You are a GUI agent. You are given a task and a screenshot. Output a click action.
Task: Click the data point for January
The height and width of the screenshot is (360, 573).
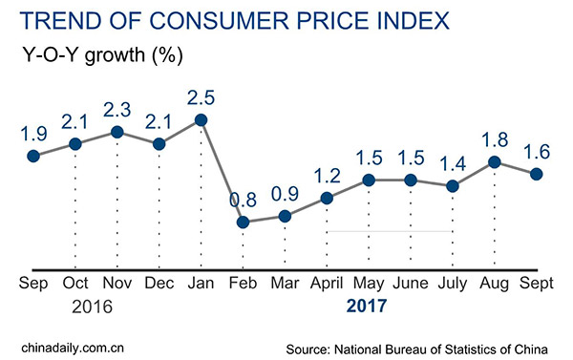click(x=201, y=120)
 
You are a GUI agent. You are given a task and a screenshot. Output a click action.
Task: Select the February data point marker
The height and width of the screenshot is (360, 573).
click(x=243, y=222)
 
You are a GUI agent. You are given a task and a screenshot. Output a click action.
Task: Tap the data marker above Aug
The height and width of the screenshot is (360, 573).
click(x=495, y=162)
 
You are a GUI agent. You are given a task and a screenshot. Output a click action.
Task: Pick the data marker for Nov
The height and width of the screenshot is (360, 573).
click(x=117, y=132)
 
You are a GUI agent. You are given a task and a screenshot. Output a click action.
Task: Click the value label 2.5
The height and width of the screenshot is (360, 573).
click(x=201, y=97)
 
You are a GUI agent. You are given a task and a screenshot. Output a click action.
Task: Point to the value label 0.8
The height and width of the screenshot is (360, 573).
click(x=243, y=201)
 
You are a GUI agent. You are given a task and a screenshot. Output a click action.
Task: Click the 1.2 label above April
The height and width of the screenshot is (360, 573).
click(x=327, y=175)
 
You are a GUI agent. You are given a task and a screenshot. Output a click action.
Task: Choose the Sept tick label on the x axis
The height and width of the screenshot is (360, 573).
click(x=536, y=284)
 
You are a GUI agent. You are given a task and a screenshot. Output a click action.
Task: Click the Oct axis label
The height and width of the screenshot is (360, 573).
click(x=74, y=284)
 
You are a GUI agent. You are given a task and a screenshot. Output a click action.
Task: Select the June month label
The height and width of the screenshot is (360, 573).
click(x=411, y=284)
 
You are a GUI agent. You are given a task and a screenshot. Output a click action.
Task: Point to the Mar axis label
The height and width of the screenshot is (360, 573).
click(x=285, y=284)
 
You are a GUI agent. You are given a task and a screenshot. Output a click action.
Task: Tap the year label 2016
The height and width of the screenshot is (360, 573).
click(x=93, y=307)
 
